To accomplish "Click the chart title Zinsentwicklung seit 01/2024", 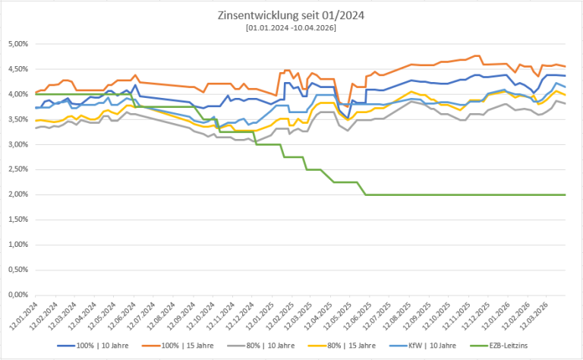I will (292, 14).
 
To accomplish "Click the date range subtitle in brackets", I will (292, 27).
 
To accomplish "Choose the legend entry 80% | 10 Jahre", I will (261, 346).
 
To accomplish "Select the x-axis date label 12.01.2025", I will (259, 314).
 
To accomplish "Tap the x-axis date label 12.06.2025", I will (356, 314).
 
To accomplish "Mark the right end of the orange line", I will (566, 66).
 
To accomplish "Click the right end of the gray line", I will (566, 103).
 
